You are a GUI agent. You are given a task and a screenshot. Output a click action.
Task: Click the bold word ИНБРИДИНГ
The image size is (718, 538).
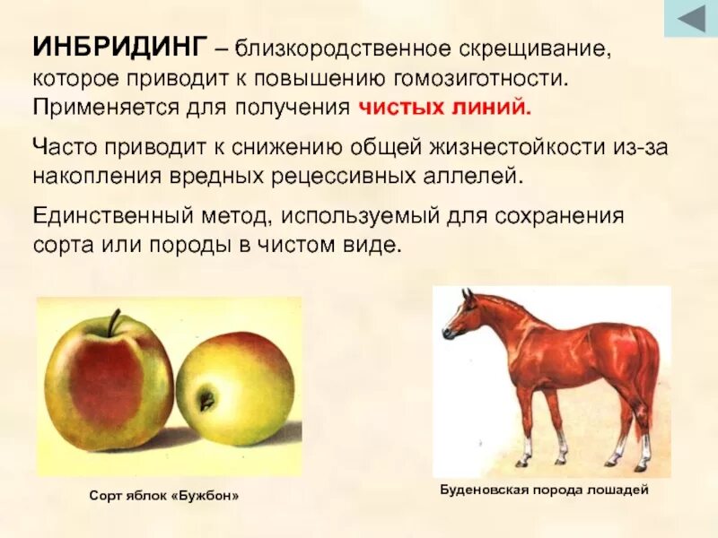pyautogui.click(x=120, y=47)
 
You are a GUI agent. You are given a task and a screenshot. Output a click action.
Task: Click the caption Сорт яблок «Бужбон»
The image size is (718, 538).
pyautogui.click(x=164, y=495)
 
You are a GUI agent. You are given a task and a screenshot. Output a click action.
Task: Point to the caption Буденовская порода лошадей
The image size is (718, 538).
pyautogui.click(x=544, y=490)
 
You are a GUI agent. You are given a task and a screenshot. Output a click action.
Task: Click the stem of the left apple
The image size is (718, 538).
pyautogui.click(x=113, y=322)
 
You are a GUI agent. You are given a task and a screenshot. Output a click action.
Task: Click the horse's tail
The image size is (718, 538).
pyautogui.click(x=650, y=377)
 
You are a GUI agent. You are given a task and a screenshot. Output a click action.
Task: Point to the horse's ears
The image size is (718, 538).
pyautogui.click(x=467, y=294)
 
